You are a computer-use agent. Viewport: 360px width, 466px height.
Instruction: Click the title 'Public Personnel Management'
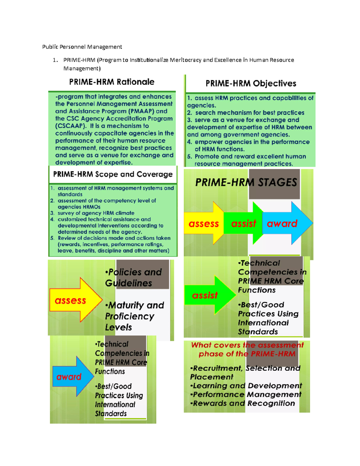82,47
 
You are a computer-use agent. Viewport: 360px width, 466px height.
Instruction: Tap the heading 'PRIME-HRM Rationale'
112,82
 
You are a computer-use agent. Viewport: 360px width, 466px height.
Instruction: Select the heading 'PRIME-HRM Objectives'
251,83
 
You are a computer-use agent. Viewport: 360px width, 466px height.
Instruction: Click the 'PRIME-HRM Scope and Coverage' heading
113,174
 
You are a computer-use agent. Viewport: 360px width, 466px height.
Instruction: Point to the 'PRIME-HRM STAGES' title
246,182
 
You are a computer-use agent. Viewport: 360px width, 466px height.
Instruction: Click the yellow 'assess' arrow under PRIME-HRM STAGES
204,223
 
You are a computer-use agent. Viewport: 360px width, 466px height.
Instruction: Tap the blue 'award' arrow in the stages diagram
287,223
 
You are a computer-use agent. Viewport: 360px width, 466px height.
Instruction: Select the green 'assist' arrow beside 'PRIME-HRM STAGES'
244,223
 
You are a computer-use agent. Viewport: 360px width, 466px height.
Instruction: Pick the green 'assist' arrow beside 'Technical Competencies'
210,295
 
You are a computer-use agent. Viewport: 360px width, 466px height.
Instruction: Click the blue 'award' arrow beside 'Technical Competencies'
73,377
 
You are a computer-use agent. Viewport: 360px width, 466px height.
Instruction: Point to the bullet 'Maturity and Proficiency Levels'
135,316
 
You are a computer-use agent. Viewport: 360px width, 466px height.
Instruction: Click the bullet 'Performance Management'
246,394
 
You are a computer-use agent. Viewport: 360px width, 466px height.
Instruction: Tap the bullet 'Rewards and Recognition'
242,403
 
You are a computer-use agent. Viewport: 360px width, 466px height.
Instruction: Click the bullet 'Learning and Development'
246,386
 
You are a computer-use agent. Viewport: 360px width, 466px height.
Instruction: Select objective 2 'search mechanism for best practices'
246,113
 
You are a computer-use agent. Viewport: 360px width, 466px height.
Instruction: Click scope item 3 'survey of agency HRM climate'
92,213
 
